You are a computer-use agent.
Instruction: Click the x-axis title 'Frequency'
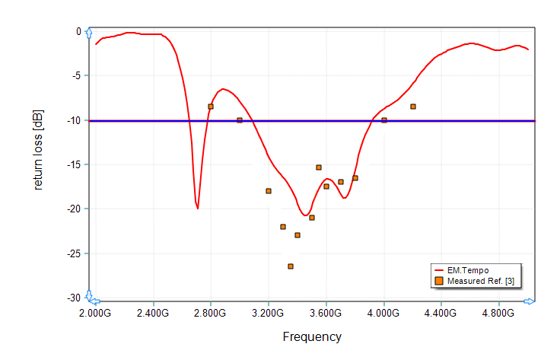coord(312,336)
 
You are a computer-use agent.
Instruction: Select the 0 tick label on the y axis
coord(78,31)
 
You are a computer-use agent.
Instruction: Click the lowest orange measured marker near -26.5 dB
coord(291,266)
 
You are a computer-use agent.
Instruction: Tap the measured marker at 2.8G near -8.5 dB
coord(211,107)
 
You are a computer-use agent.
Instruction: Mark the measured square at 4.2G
coord(413,107)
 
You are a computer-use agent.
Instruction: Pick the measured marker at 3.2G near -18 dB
coord(269,191)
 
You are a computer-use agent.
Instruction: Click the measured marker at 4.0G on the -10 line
coord(384,120)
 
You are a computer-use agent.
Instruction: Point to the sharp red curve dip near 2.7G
coord(198,207)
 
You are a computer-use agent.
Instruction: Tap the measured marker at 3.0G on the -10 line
coord(240,120)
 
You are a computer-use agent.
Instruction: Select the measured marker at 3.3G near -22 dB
coord(283,227)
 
